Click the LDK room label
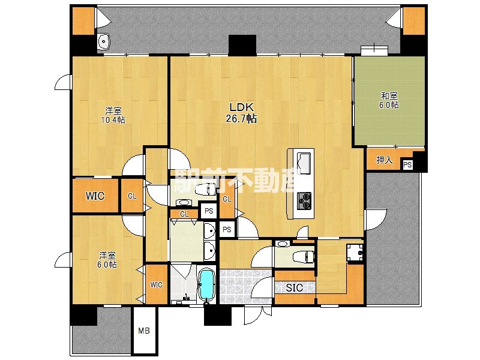tap(242, 107)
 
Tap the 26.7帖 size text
tap(241, 118)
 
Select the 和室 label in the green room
tap(389, 96)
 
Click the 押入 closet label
tap(385, 160)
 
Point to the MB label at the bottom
tap(144, 331)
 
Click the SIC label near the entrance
tap(295, 287)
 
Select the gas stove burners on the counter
tap(304, 201)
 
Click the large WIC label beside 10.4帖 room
tap(95, 196)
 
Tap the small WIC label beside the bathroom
tap(156, 285)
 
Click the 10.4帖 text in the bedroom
tap(113, 119)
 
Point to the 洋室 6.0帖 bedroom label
tap(107, 260)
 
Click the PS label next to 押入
tap(407, 165)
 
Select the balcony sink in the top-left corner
tap(104, 41)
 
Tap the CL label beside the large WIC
tap(132, 196)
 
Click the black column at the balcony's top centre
tap(242, 46)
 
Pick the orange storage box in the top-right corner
tap(414, 20)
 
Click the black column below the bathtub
tap(218, 316)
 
